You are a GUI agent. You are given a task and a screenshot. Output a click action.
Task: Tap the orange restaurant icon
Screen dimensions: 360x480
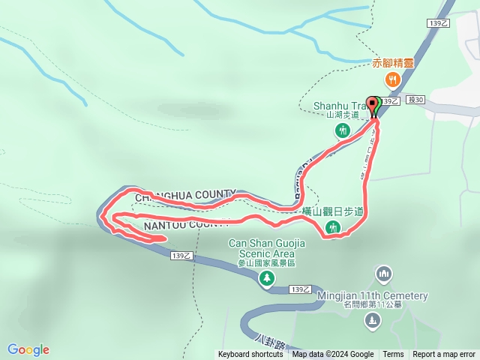point(390,79)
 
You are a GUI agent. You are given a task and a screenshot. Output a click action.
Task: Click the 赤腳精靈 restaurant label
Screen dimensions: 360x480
point(393,64)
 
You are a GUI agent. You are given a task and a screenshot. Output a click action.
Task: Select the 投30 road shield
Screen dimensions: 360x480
point(415,100)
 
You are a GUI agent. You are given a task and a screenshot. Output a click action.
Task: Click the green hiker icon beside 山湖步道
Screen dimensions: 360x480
point(343,130)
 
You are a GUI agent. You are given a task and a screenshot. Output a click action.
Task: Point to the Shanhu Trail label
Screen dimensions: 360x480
point(338,106)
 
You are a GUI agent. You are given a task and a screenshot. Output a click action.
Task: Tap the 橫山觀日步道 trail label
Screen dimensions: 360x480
point(332,212)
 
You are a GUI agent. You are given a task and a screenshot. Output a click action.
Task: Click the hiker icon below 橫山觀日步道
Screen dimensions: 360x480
point(333,229)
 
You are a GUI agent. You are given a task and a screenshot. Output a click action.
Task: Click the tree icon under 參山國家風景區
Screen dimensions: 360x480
point(266,279)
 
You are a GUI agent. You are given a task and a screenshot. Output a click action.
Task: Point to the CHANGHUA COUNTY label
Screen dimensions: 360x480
point(185,195)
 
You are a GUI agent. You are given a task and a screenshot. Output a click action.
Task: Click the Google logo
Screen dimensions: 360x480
point(28,349)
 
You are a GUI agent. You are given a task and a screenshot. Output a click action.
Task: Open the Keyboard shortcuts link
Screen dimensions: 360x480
point(250,355)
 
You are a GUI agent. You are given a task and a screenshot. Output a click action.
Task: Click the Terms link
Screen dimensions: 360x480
point(393,355)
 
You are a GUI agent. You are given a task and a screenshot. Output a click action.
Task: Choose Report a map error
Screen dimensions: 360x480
point(445,355)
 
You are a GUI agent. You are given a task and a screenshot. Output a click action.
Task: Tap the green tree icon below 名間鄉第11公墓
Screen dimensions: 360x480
point(371,321)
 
